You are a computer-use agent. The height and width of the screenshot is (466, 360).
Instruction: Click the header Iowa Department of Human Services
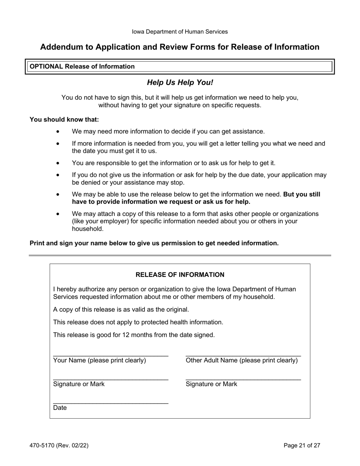(180, 32)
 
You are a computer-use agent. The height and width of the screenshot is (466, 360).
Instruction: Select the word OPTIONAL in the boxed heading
(46, 66)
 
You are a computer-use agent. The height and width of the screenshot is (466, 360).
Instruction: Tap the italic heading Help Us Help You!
(180, 82)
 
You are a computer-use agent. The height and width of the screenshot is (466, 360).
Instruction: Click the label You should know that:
(64, 119)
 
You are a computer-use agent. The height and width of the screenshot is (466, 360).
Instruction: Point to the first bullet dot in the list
(58, 131)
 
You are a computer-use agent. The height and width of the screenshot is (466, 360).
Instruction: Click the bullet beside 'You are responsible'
(58, 163)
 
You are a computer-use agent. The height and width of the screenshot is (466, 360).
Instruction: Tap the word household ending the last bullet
(87, 229)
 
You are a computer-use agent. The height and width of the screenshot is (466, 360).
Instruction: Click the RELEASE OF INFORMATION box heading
(180, 275)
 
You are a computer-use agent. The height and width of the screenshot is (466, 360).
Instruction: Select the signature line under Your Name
(111, 380)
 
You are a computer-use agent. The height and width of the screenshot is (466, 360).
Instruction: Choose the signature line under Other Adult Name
(243, 380)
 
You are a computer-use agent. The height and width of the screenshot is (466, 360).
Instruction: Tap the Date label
(60, 408)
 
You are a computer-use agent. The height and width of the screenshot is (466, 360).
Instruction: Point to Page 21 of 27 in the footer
(302, 446)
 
